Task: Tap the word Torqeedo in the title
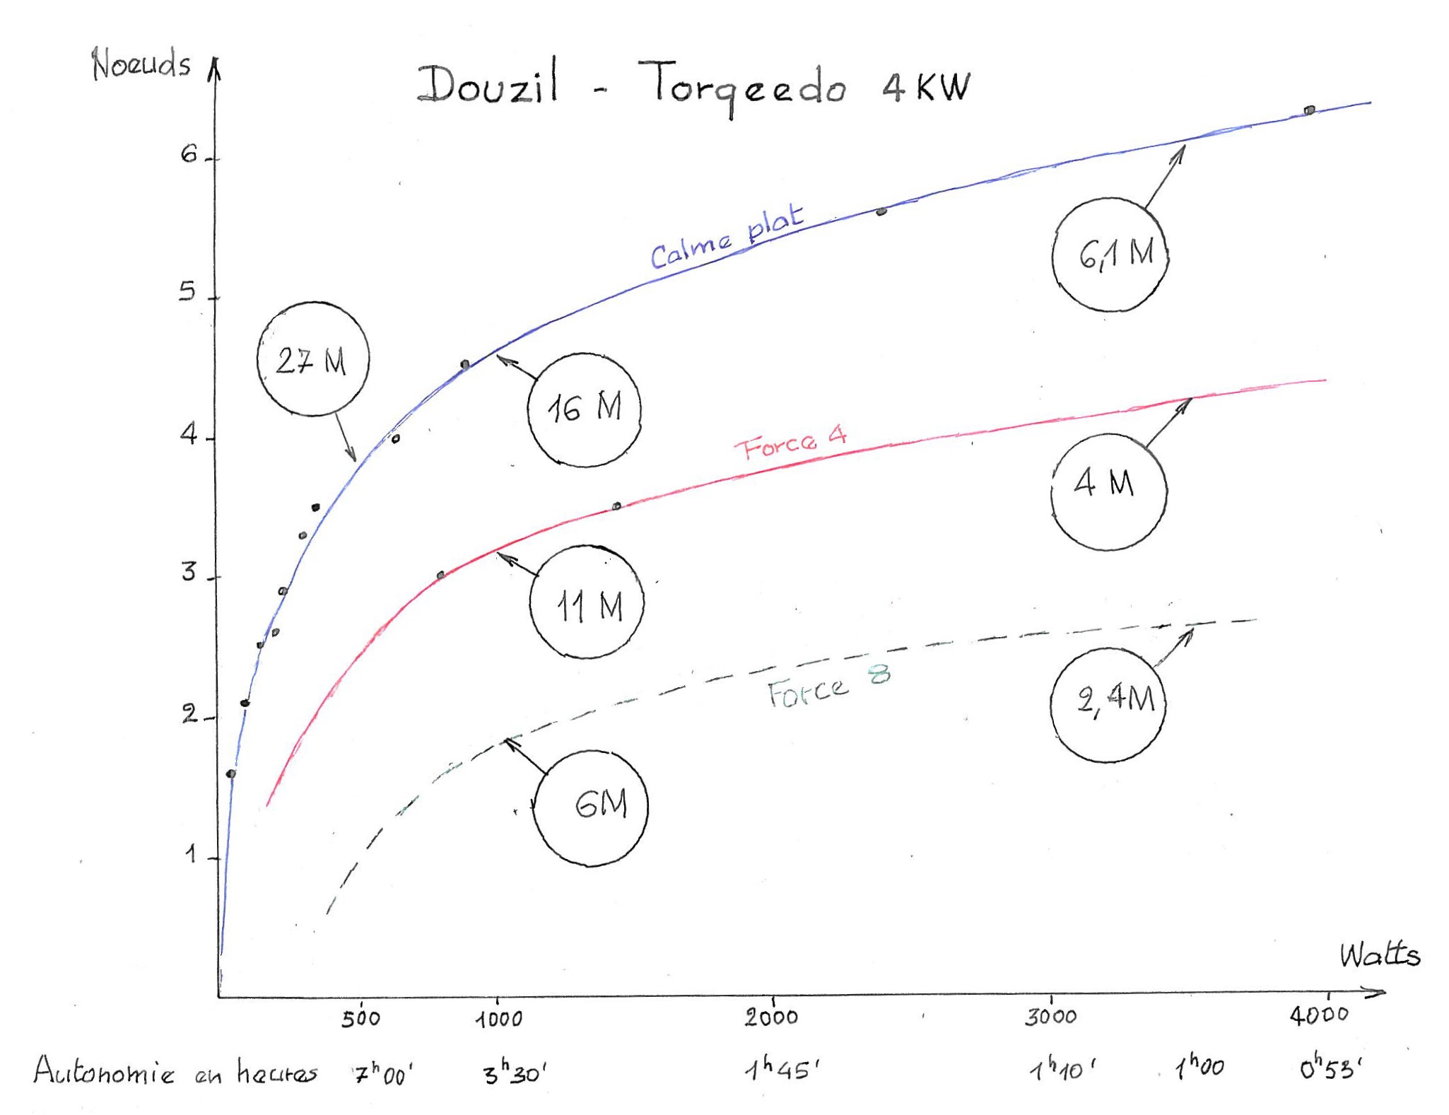(x=742, y=88)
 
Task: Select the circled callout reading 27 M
(x=312, y=359)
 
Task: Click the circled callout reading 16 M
(x=584, y=409)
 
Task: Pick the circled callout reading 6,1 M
(x=1110, y=255)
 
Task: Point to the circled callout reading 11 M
(x=587, y=602)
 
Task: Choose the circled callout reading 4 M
(x=1108, y=491)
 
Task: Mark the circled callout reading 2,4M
(x=1108, y=704)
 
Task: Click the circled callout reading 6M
(x=591, y=807)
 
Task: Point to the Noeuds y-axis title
(x=141, y=65)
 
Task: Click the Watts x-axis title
(x=1379, y=955)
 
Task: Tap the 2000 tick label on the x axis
(x=771, y=1017)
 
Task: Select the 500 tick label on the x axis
(x=360, y=1019)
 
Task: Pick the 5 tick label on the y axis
(x=187, y=291)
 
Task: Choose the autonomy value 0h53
(x=1330, y=1070)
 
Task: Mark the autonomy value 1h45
(x=782, y=1070)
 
